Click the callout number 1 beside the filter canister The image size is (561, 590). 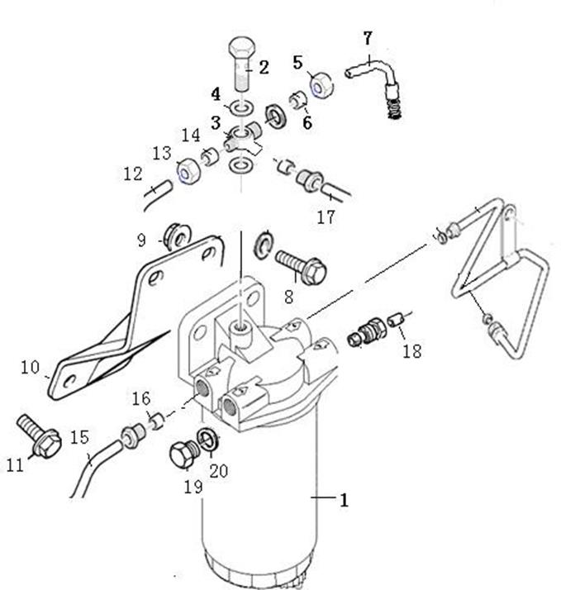[344, 500]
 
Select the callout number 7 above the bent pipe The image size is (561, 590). [368, 38]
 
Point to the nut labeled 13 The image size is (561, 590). [188, 171]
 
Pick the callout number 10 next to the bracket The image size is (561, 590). [30, 367]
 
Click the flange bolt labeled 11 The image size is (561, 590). [40, 436]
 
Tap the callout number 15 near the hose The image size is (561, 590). [80, 437]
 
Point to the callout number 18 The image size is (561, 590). [412, 351]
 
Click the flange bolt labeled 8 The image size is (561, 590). [301, 267]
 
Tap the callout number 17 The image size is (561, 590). [326, 217]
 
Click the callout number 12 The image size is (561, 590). [133, 174]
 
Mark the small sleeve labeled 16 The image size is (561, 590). [157, 421]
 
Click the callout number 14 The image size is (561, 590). [191, 136]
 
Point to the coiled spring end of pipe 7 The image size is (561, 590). [395, 110]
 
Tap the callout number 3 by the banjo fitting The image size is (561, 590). [216, 123]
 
